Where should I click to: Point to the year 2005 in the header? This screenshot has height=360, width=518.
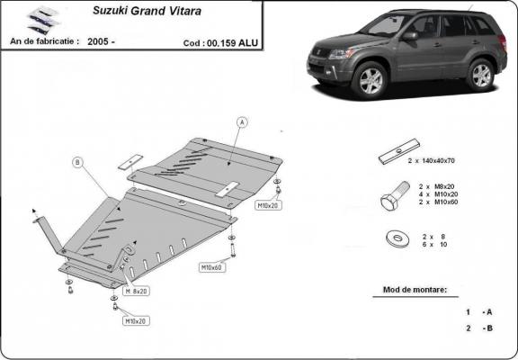[101, 41]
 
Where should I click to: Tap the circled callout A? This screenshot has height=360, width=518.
[242, 121]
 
